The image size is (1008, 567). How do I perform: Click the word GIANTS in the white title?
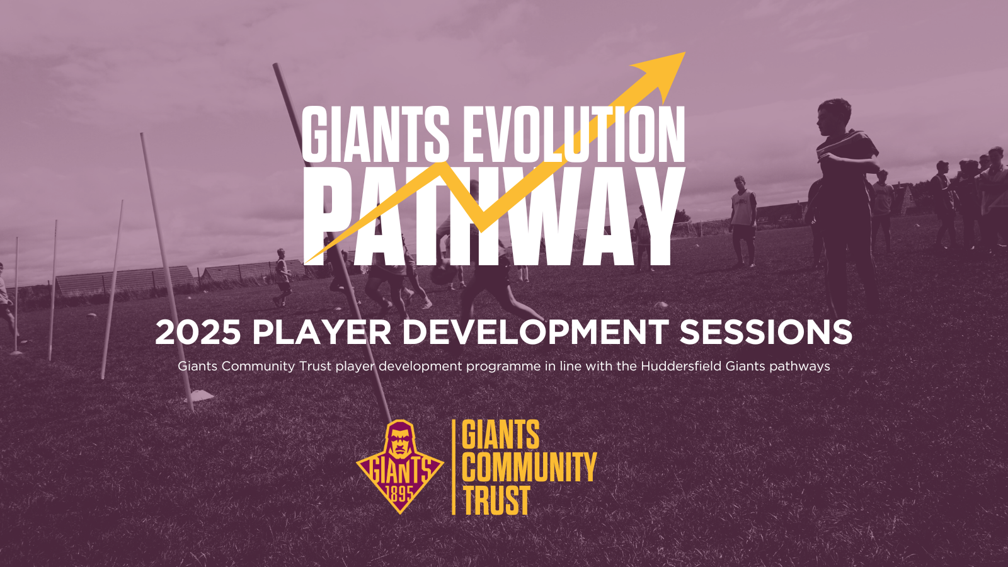click(x=375, y=134)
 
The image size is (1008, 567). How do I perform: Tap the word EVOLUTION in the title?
click(x=573, y=134)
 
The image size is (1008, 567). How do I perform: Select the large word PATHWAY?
click(x=495, y=215)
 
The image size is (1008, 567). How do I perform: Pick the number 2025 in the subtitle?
click(x=198, y=332)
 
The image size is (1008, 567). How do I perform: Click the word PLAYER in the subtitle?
click(x=321, y=332)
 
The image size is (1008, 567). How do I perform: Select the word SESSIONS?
click(x=765, y=332)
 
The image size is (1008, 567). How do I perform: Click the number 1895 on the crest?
click(x=399, y=493)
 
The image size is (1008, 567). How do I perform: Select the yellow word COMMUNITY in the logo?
click(x=529, y=467)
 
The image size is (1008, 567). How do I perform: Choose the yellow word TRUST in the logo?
click(x=496, y=501)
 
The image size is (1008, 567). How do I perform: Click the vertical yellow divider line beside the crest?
click(x=454, y=467)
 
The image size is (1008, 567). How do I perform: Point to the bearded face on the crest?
click(x=399, y=441)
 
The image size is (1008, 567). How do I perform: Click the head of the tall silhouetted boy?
click(x=835, y=113)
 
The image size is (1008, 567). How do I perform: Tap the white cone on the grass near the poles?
click(x=202, y=395)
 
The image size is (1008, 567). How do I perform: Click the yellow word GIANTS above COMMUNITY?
click(x=501, y=435)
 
